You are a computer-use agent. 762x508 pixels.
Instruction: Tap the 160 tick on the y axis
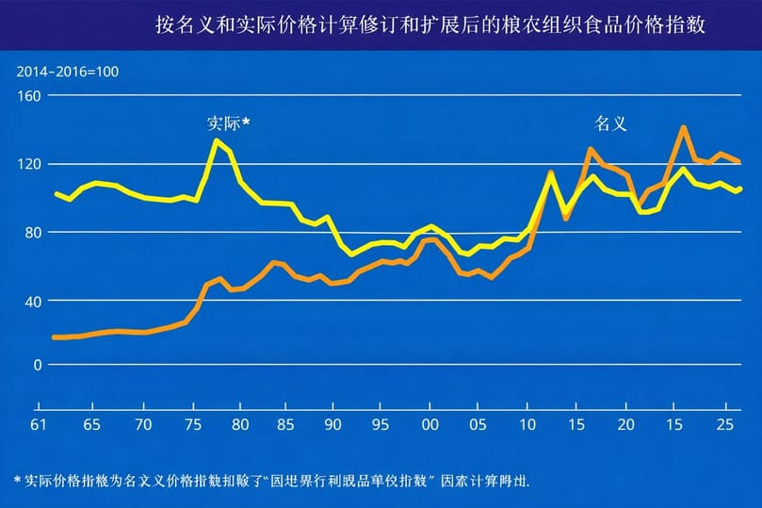[31, 95]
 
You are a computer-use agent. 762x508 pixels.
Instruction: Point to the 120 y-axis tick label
[31, 164]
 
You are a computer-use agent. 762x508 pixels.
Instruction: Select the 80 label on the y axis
[34, 232]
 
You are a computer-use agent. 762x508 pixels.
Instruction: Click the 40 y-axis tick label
[34, 301]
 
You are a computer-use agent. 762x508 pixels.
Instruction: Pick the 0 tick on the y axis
[38, 365]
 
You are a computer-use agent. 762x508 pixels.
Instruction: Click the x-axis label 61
[39, 424]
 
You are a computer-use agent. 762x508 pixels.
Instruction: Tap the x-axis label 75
[192, 424]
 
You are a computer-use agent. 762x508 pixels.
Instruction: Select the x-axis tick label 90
[332, 424]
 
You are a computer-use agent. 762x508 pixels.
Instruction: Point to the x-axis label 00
[429, 424]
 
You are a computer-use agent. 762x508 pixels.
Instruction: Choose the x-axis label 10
[527, 424]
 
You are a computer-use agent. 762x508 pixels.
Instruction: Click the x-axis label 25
[723, 424]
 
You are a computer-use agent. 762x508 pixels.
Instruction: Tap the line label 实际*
[229, 123]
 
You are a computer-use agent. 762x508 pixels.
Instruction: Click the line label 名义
[610, 123]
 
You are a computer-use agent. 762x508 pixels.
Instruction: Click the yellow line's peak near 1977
[216, 140]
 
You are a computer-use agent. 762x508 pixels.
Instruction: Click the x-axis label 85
[284, 424]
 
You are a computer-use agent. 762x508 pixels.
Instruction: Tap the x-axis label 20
[625, 424]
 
